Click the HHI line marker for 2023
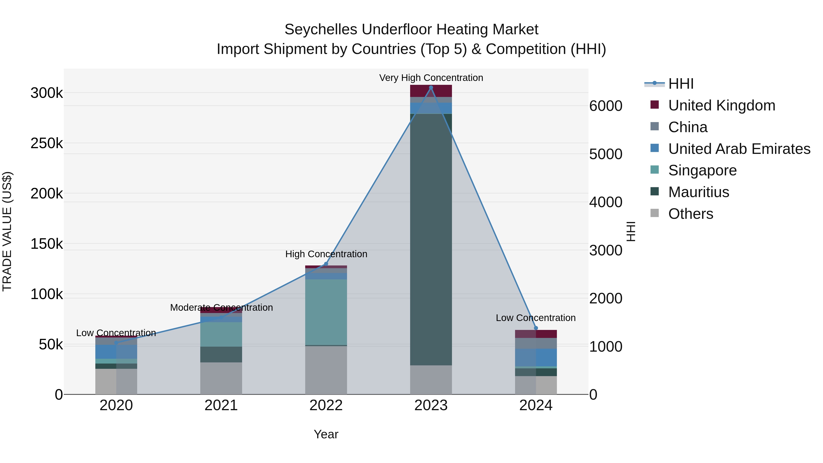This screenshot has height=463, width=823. (431, 88)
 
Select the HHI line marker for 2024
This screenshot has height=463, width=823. (536, 328)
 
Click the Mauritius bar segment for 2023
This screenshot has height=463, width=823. (431, 240)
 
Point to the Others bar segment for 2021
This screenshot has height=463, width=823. (221, 378)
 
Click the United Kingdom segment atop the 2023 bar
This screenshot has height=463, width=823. (431, 91)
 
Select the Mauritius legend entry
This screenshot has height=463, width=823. (698, 192)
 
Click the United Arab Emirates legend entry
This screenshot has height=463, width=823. (739, 149)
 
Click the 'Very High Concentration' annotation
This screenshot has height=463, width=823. (431, 78)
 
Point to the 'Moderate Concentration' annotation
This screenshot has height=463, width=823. (221, 308)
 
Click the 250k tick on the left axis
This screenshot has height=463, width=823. (47, 143)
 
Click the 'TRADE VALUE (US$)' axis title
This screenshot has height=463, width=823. (7, 231)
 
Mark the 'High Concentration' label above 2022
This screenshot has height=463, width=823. (326, 254)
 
